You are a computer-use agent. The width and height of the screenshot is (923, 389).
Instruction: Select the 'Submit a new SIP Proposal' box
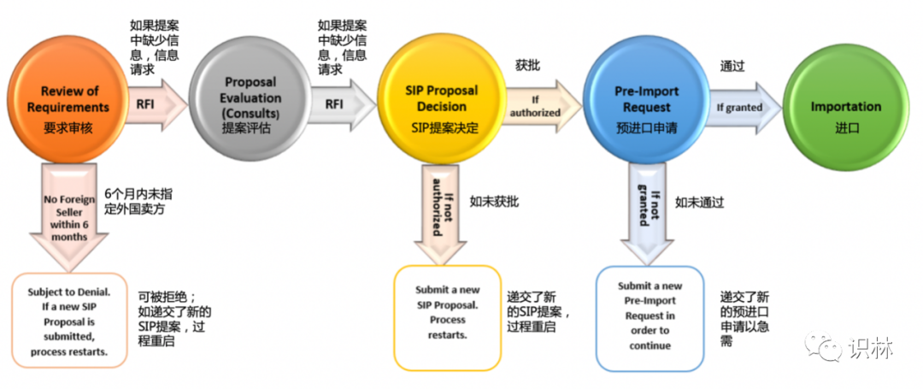446,316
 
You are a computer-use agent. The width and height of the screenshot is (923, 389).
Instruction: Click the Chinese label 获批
527,64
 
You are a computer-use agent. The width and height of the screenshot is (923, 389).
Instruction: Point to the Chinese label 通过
732,64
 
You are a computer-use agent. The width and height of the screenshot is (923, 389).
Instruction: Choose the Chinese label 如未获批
493,202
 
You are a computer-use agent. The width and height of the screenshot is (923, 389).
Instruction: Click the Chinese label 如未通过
699,203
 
